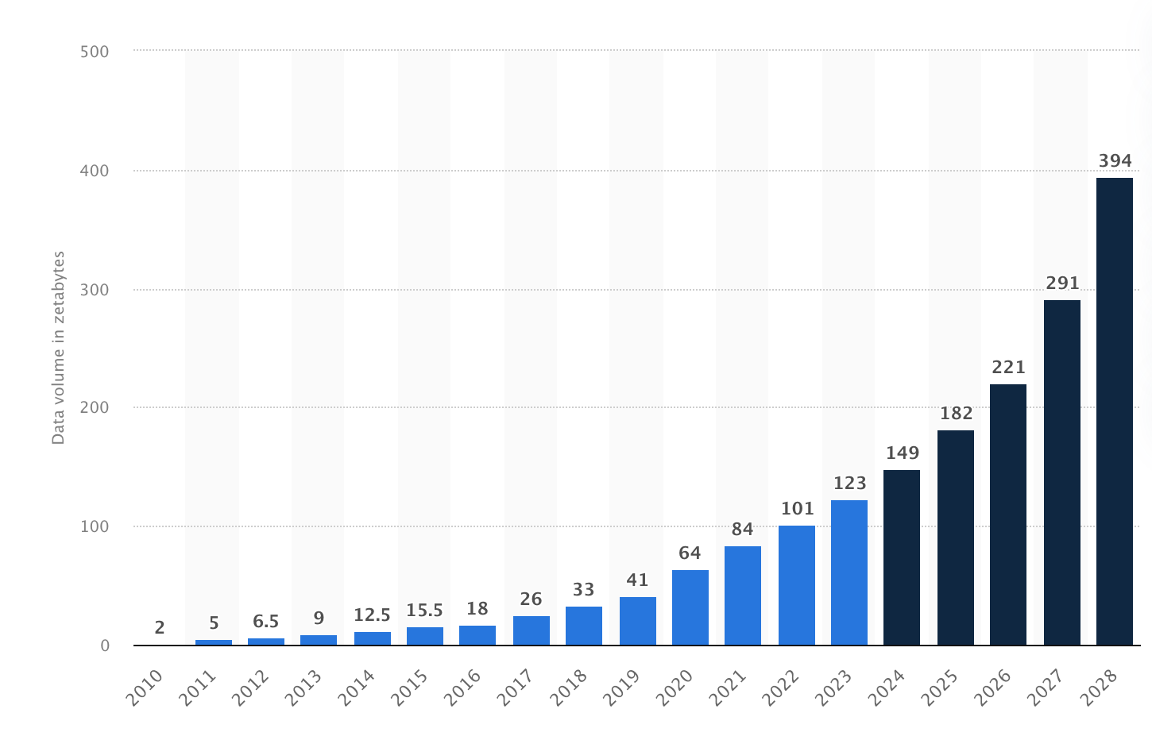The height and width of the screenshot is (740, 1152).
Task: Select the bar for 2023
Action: [x=849, y=572]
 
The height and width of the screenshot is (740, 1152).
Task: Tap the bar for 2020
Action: [x=690, y=607]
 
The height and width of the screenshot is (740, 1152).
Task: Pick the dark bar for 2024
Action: [x=902, y=557]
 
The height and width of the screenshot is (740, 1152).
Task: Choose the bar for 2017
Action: [x=531, y=630]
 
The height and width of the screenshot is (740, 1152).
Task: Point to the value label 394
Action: [x=1115, y=161]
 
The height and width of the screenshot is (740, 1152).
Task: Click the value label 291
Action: [x=1062, y=283]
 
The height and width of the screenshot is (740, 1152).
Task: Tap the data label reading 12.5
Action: [x=372, y=615]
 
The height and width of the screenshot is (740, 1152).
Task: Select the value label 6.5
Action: [x=265, y=622]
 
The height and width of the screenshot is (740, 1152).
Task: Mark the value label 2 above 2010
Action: [x=160, y=628]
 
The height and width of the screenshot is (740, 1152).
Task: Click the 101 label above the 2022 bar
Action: [x=797, y=508]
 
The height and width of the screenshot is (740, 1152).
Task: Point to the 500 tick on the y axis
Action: [x=95, y=52]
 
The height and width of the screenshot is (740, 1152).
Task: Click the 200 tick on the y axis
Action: [x=95, y=408]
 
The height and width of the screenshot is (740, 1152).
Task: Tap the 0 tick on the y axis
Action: [x=105, y=646]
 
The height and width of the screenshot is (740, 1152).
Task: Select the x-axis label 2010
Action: [x=145, y=688]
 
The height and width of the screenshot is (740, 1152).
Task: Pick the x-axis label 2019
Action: [x=621, y=688]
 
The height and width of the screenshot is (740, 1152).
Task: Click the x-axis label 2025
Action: [x=939, y=688]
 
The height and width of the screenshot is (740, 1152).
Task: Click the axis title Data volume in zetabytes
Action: [x=58, y=348]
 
